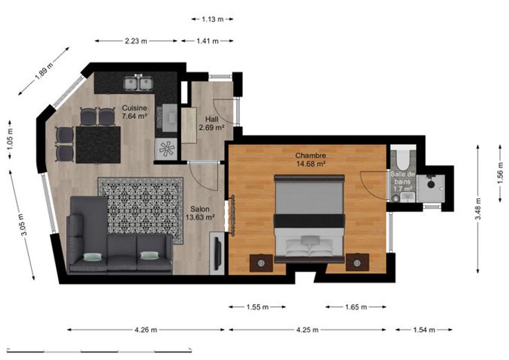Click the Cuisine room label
134,108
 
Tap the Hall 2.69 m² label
212,124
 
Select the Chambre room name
311,155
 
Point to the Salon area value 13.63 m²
200,217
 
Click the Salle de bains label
402,178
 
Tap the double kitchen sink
138,84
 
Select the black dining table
98,144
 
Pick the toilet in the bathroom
403,160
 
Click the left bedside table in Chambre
261,263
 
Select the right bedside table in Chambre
358,263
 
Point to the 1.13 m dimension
212,19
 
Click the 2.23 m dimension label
136,41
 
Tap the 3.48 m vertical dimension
478,209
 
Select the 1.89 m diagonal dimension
44,71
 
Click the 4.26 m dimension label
146,330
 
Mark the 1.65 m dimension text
356,307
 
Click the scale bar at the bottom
100,350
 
